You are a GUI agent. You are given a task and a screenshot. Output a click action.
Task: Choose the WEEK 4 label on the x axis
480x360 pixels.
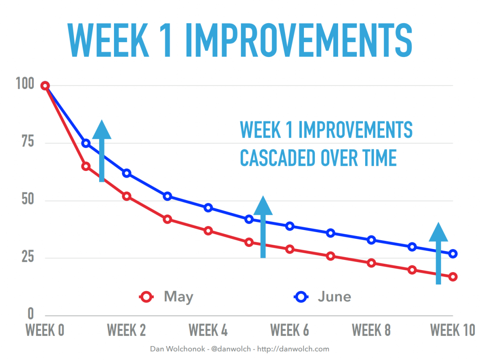[208, 330]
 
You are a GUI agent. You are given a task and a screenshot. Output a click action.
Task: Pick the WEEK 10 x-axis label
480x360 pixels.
[452, 330]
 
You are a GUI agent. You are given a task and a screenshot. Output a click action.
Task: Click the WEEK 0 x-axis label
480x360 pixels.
[45, 330]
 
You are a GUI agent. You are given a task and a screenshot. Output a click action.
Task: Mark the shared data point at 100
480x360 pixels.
[45, 86]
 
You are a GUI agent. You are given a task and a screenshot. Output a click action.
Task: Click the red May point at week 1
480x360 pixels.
[86, 166]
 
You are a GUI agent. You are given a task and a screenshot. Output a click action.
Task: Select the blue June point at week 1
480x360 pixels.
[86, 143]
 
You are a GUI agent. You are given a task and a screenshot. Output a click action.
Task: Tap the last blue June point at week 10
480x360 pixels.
[453, 254]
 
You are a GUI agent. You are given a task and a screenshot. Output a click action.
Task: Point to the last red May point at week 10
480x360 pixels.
[453, 277]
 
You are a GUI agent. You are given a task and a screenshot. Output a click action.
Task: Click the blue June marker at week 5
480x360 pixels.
[249, 219]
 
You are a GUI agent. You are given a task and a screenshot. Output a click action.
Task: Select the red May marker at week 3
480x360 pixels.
[167, 219]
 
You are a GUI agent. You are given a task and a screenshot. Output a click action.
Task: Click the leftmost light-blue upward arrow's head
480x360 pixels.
[102, 130]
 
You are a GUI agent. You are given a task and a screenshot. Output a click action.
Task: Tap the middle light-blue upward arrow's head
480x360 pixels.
[263, 206]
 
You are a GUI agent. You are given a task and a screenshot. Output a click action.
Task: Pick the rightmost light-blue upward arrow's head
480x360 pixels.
[438, 232]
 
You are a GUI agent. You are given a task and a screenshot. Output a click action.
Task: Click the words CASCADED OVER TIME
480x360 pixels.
[318, 158]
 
